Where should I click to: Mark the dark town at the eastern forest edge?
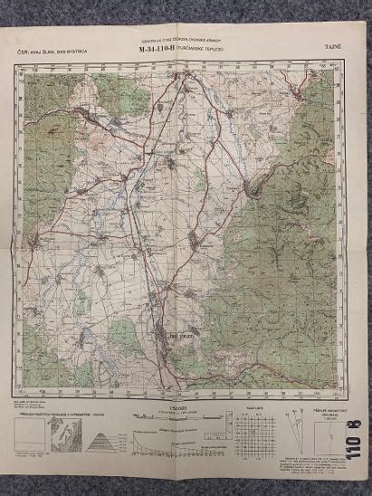pos(255,188)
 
